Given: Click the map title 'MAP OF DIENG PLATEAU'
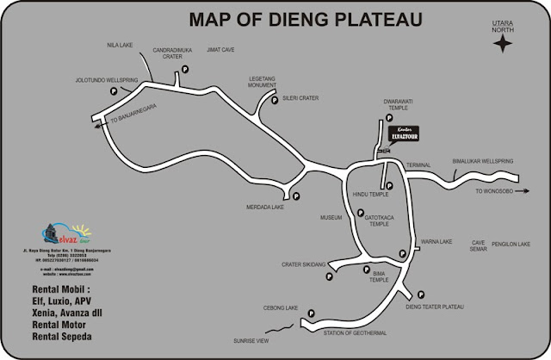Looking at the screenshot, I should coord(305,19).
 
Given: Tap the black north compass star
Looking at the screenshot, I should coord(502,46).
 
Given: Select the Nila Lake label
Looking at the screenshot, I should coord(119,45).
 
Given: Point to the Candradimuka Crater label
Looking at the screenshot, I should coord(172,53).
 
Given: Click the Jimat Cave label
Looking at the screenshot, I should coord(220,50).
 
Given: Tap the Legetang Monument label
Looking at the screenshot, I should coord(263,82).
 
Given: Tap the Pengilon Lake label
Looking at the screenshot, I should coord(512,244).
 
